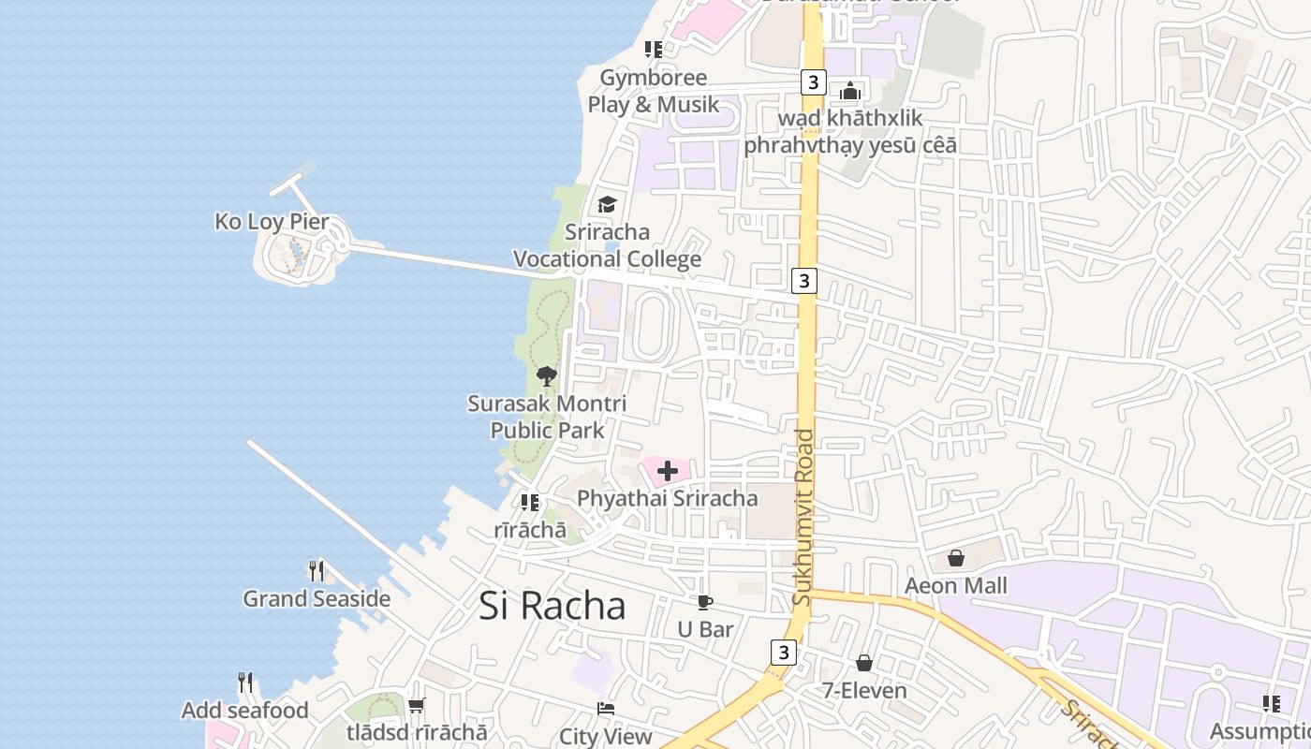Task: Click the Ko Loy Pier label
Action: click(x=273, y=222)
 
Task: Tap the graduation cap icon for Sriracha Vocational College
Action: click(x=608, y=204)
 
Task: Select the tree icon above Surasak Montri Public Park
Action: click(x=547, y=376)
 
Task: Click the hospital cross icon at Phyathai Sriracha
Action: click(x=668, y=470)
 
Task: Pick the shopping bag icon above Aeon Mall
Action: click(x=956, y=558)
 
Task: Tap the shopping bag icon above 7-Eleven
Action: click(x=864, y=663)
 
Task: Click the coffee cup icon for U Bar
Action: click(x=705, y=602)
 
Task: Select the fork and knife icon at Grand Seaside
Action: click(x=317, y=570)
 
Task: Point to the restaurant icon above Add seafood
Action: click(x=245, y=683)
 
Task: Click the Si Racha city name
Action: click(x=552, y=606)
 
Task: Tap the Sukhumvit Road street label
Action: click(x=803, y=517)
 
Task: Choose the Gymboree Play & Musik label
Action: click(x=654, y=91)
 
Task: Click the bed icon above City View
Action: click(x=606, y=709)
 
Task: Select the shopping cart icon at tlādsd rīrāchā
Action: click(x=417, y=705)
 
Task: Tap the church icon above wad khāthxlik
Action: click(x=850, y=91)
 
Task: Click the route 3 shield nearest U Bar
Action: click(x=784, y=652)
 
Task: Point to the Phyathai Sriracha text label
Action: click(x=668, y=498)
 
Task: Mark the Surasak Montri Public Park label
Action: click(x=547, y=417)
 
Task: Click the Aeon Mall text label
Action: click(x=956, y=586)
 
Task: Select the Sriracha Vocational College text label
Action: click(x=608, y=245)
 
